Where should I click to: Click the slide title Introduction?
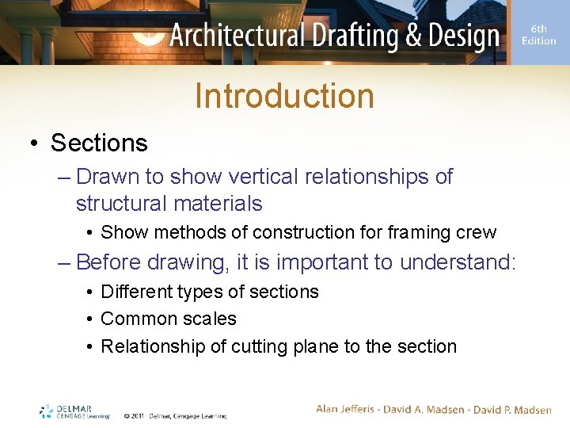[x=284, y=96]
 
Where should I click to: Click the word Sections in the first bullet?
[x=99, y=143]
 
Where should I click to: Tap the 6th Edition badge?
[x=538, y=35]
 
